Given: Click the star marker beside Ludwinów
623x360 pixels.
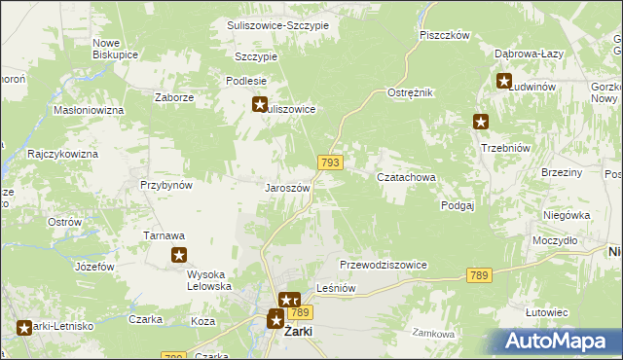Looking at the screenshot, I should pyautogui.click(x=504, y=82).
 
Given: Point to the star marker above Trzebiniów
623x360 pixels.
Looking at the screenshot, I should pyautogui.click(x=481, y=122).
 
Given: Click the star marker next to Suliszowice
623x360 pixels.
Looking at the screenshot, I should pyautogui.click(x=260, y=104).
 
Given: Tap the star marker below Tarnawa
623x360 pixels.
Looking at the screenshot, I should pyautogui.click(x=180, y=256).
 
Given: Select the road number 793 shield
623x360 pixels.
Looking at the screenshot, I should pyautogui.click(x=329, y=162).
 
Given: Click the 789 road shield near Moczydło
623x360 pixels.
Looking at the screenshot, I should pyautogui.click(x=477, y=276).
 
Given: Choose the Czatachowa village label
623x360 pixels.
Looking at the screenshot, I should pyautogui.click(x=405, y=178).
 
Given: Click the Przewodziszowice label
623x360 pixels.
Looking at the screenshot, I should pyautogui.click(x=384, y=266).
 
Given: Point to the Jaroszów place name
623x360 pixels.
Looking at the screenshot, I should pyautogui.click(x=287, y=188).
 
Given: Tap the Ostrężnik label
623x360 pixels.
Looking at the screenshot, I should pyautogui.click(x=410, y=91).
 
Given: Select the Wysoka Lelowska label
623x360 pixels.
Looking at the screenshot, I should pyautogui.click(x=208, y=280).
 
